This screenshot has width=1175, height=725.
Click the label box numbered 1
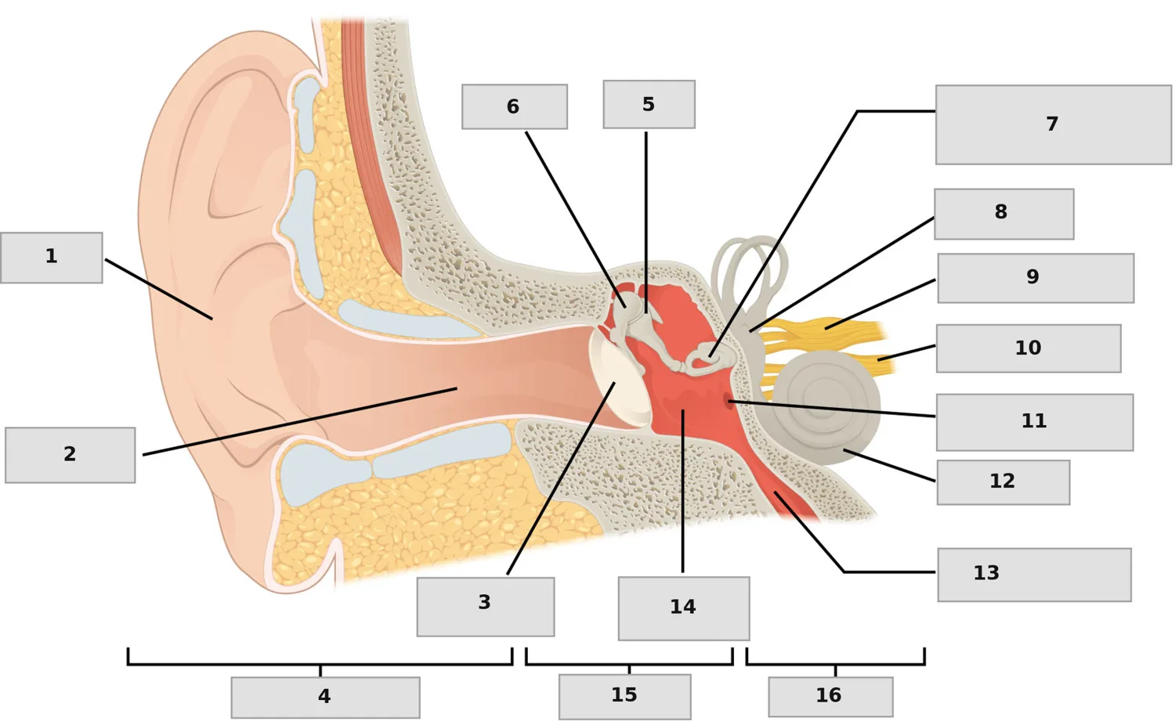pyautogui.click(x=52, y=258)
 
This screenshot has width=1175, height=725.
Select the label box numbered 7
pyautogui.click(x=1054, y=124)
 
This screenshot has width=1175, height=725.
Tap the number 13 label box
pyautogui.click(x=1035, y=575)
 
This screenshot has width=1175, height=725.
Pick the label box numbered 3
pyautogui.click(x=486, y=607)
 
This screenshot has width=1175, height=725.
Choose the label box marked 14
pyautogui.click(x=684, y=608)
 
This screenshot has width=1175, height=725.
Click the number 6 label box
pyautogui.click(x=515, y=107)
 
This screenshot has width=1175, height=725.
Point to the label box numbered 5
pyautogui.click(x=649, y=104)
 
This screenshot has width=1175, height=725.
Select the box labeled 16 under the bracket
pyautogui.click(x=831, y=697)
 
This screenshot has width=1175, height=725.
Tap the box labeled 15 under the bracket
pyautogui.click(x=625, y=697)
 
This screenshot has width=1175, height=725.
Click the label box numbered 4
pyautogui.click(x=325, y=698)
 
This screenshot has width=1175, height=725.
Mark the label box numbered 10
pyautogui.click(x=1029, y=348)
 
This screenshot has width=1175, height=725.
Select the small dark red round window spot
pyautogui.click(x=729, y=402)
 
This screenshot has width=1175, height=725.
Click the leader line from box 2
pyautogui.click(x=300, y=421)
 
